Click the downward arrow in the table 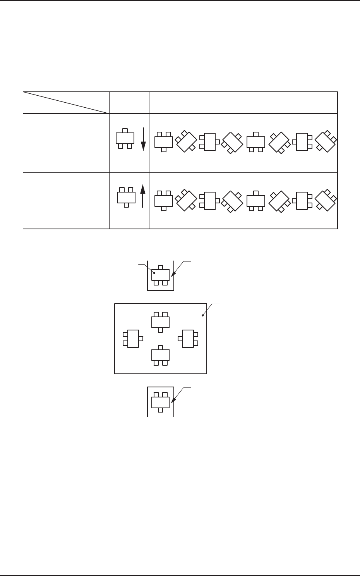click(x=143, y=140)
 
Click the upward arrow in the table click(x=143, y=196)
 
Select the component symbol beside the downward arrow click(x=125, y=138)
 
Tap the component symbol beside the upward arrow click(x=126, y=197)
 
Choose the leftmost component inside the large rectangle click(x=133, y=339)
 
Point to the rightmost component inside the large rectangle click(x=188, y=339)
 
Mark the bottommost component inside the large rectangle click(x=160, y=355)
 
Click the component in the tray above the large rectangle click(x=160, y=275)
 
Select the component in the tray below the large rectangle click(x=160, y=402)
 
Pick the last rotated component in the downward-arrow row click(x=326, y=141)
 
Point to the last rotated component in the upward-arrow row click(x=326, y=200)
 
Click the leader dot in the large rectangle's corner click(x=203, y=316)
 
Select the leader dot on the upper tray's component click(x=154, y=273)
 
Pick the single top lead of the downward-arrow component click(x=125, y=131)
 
